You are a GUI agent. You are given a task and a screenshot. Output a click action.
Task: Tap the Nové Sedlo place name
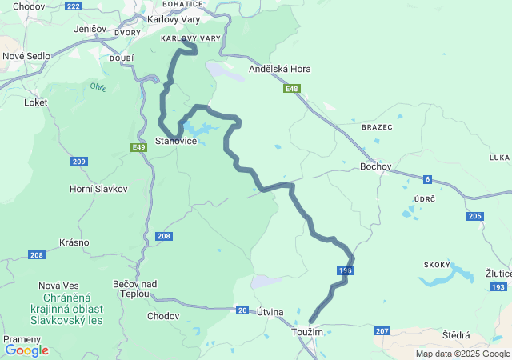pyautogui.click(x=26, y=56)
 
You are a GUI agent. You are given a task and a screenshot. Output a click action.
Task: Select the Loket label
pyautogui.click(x=36, y=102)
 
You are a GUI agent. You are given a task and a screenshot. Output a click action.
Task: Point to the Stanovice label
pyautogui.click(x=176, y=141)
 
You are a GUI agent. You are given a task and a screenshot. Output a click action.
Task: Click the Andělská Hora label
pyautogui.click(x=280, y=69)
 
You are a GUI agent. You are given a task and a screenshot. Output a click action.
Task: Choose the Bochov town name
pyautogui.click(x=376, y=166)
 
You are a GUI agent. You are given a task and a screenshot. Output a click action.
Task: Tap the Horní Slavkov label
pyautogui.click(x=98, y=188)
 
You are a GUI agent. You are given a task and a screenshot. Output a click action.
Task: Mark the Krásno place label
pyautogui.click(x=74, y=242)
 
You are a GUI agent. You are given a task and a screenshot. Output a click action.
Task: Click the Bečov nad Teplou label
pyautogui.click(x=135, y=289)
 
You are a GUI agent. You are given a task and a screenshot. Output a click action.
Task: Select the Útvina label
pyautogui.click(x=270, y=312)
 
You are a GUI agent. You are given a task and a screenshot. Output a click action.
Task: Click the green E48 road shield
pyautogui.click(x=292, y=89)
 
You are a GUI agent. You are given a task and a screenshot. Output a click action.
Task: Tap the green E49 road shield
pyautogui.click(x=139, y=147)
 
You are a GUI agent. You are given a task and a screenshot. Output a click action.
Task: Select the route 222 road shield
pyautogui.click(x=73, y=6)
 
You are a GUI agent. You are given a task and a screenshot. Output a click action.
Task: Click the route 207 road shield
pyautogui.click(x=382, y=330)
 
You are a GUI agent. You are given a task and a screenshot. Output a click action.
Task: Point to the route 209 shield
pyautogui.click(x=78, y=162)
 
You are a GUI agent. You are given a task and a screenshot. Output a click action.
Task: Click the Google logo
pyautogui.click(x=26, y=350)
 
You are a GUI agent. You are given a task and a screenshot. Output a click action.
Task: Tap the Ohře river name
pyautogui.click(x=98, y=86)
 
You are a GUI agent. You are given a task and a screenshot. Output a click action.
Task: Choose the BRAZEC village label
pyautogui.click(x=377, y=127)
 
